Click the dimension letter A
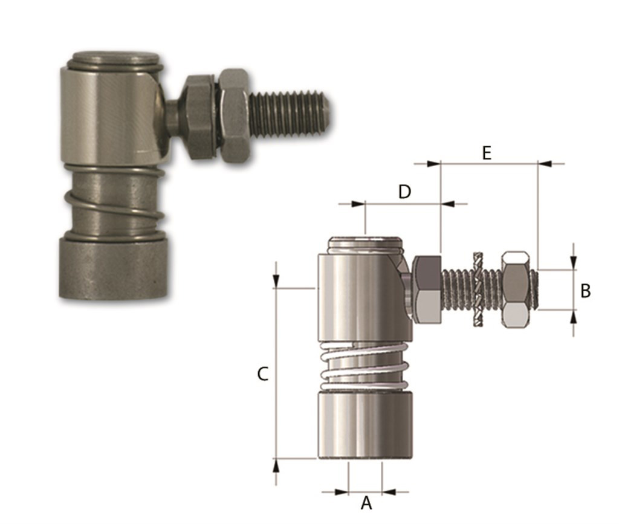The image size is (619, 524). [x=366, y=503]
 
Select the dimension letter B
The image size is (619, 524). [x=585, y=291]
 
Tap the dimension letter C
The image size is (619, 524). [x=262, y=374]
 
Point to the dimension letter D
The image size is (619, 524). [x=404, y=192]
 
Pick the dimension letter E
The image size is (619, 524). [x=487, y=153]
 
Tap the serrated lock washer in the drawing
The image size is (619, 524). [x=478, y=289]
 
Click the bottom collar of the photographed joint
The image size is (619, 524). [x=113, y=268]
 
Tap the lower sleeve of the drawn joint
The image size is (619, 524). [x=365, y=424]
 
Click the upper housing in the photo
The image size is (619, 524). [x=112, y=115]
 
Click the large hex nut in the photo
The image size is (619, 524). [x=233, y=116]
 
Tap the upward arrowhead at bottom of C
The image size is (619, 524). [x=276, y=465]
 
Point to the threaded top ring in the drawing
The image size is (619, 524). [x=365, y=245]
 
